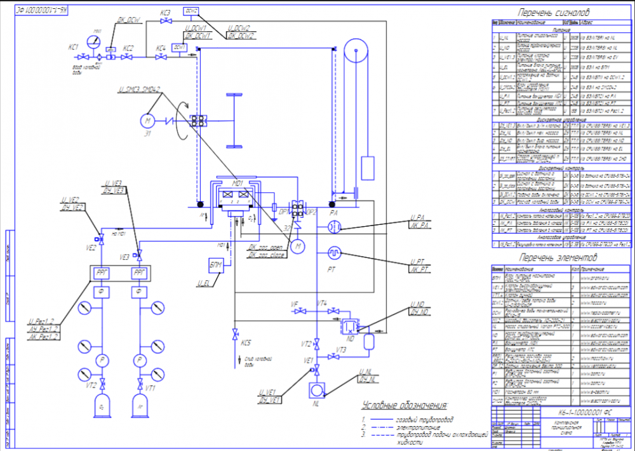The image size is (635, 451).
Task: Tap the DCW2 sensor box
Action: (191, 11)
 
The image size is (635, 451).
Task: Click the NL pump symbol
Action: (315, 388)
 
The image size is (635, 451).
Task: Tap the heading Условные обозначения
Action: (404, 405)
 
